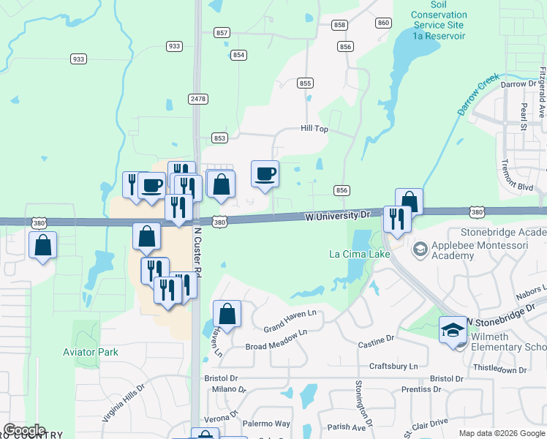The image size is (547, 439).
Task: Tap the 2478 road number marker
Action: tap(197, 98)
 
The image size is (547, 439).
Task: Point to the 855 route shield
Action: tap(306, 83)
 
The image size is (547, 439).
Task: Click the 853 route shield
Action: tap(219, 138)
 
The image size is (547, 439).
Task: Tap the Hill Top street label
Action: tap(314, 128)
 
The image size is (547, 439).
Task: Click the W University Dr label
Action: tap(337, 216)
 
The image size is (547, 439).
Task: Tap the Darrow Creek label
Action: tap(478, 94)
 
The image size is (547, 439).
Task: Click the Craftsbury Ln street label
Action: tap(393, 366)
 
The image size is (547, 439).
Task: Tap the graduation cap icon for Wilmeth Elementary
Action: tap(453, 331)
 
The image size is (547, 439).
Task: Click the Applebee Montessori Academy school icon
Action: tap(420, 249)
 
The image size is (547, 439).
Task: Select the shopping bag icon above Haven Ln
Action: tap(227, 315)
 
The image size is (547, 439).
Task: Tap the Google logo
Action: tap(23, 430)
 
